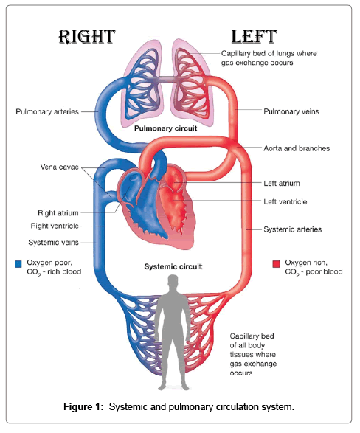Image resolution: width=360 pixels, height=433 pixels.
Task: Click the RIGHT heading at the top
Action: pyautogui.click(x=87, y=37)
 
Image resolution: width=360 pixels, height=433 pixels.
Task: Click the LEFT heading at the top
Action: pyautogui.click(x=254, y=37)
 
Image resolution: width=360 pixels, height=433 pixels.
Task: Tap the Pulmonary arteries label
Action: pyautogui.click(x=47, y=112)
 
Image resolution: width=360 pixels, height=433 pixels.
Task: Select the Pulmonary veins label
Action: pyautogui.click(x=291, y=111)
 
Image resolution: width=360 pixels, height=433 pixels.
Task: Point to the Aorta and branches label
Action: pyautogui.click(x=297, y=148)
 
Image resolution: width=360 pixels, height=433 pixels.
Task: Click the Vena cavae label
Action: pyautogui.click(x=59, y=167)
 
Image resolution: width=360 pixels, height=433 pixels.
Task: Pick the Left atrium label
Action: pyautogui.click(x=282, y=184)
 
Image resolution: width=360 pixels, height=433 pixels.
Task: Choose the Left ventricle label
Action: pyautogui.click(x=285, y=202)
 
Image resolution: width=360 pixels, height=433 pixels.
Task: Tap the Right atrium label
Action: pyautogui.click(x=58, y=213)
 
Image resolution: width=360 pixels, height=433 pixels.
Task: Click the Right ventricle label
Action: pyautogui.click(x=55, y=226)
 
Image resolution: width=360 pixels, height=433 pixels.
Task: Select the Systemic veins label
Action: pyautogui.click(x=54, y=243)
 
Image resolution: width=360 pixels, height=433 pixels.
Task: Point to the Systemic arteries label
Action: pyautogui.click(x=293, y=229)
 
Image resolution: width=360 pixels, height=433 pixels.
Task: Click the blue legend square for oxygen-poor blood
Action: pyautogui.click(x=18, y=264)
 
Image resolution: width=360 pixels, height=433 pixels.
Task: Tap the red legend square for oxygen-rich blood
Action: pyautogui.click(x=276, y=264)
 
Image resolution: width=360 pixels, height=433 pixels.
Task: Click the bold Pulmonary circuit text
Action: pyautogui.click(x=166, y=128)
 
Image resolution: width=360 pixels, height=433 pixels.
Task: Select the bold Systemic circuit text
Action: pyautogui.click(x=173, y=267)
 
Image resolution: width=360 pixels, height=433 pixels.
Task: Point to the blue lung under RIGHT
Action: pyautogui.click(x=142, y=83)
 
